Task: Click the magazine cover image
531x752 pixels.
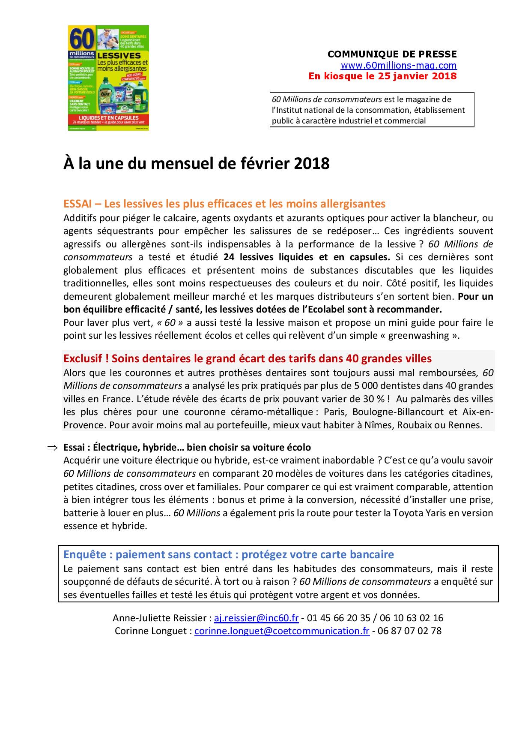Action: coord(108,78)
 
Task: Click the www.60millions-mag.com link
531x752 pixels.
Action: coord(398,66)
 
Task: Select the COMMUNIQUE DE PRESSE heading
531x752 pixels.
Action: coord(392,54)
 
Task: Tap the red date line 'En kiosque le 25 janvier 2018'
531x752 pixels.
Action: coord(382,76)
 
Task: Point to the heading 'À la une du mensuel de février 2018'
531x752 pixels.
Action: coord(197,164)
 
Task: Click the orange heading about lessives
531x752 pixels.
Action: coord(224,203)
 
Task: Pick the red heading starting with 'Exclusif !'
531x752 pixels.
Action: coord(248,358)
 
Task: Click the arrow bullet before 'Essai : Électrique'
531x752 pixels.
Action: coord(52,448)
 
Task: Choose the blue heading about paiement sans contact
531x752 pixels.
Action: coord(229,554)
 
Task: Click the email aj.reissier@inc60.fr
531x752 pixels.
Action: coord(256,618)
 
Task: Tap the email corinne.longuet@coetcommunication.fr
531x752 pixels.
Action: coord(282,631)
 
